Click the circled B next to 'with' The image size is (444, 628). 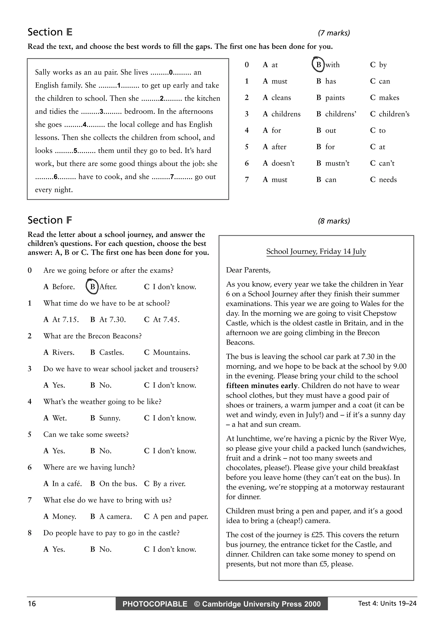pyautogui.click(x=318, y=65)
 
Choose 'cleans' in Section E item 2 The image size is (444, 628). pyautogui.click(x=281, y=98)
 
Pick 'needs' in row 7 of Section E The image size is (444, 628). pyautogui.click(x=387, y=180)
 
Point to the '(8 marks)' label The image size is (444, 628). pyautogui.click(x=334, y=221)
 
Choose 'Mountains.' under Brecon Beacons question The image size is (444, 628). pyautogui.click(x=171, y=352)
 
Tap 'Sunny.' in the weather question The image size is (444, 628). pyautogui.click(x=109, y=418)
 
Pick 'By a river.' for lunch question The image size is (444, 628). pyautogui.click(x=169, y=484)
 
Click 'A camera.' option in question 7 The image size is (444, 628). pyautogui.click(x=115, y=516)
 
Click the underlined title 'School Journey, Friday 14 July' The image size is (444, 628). pyautogui.click(x=316, y=251)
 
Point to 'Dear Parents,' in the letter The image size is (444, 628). pyautogui.click(x=248, y=270)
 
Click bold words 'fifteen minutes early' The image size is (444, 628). pyautogui.click(x=261, y=386)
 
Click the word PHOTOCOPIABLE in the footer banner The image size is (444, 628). pyautogui.click(x=155, y=604)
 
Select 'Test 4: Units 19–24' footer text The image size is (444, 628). pyautogui.click(x=387, y=603)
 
